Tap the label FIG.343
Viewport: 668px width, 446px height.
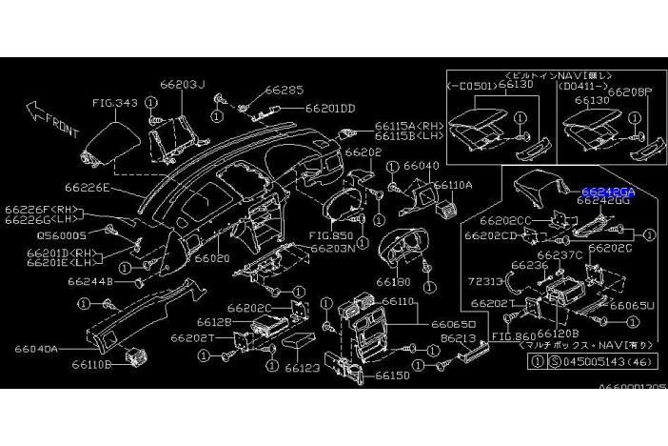click(x=115, y=102)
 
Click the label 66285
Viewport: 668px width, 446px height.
click(x=284, y=91)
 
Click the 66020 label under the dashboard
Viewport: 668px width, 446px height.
click(x=212, y=257)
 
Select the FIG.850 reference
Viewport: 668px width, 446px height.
click(x=331, y=235)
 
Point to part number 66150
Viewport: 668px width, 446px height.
click(x=393, y=375)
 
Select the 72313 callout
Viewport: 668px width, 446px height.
click(x=486, y=284)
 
